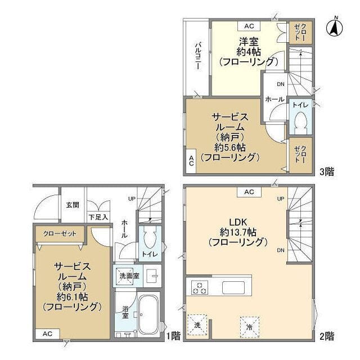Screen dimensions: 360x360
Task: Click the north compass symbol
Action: (x=334, y=28)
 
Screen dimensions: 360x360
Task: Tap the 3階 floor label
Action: (x=327, y=172)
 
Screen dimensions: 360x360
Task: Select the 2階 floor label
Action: (x=327, y=337)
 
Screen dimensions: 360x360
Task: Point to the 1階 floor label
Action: (x=173, y=336)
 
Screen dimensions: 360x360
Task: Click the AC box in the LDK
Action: (x=249, y=192)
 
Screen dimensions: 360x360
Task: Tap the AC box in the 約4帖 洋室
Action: (x=249, y=26)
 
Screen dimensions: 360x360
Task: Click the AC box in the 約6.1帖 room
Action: (x=47, y=334)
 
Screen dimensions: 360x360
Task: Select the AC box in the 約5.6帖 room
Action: (x=191, y=161)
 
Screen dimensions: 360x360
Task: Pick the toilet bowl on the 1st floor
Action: (x=150, y=237)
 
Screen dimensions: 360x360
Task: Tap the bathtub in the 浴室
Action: (x=148, y=314)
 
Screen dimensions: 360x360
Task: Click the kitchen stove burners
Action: (x=200, y=287)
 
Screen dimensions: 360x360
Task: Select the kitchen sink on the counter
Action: (x=233, y=287)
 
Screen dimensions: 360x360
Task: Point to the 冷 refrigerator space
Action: (x=250, y=327)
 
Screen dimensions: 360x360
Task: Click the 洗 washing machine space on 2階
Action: (x=197, y=325)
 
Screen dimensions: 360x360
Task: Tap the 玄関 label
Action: (x=73, y=205)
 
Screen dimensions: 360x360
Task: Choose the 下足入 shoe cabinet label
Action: (x=98, y=217)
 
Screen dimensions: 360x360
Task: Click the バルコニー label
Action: (x=198, y=55)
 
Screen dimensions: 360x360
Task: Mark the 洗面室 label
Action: (x=129, y=276)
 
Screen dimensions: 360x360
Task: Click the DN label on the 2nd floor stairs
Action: (x=281, y=250)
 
